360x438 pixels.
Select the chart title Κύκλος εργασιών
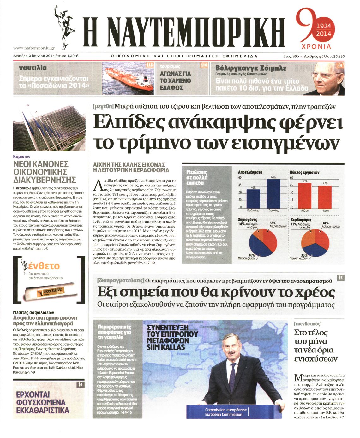click(x=304, y=172)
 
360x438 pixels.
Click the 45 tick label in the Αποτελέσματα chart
click(x=240, y=185)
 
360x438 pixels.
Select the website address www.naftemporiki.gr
click(x=34, y=48)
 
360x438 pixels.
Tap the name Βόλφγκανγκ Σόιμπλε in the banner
click(x=251, y=68)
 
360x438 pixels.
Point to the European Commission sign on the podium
click(x=226, y=412)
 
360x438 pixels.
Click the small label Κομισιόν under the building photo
click(x=22, y=156)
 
